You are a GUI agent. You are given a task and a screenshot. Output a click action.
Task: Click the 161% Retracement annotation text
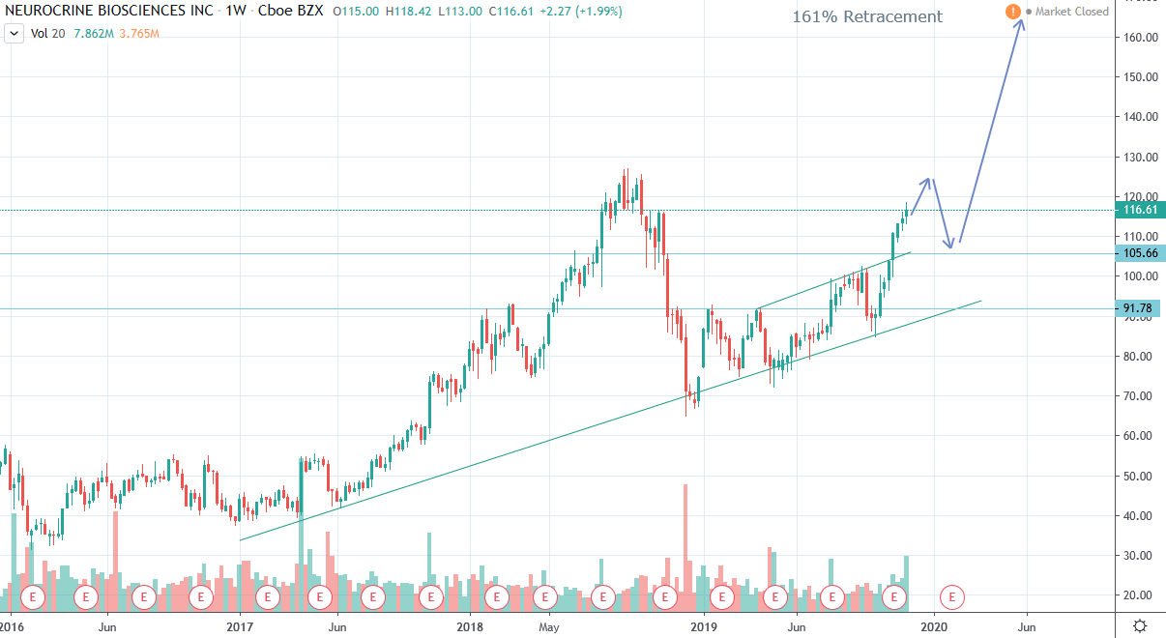coord(866,16)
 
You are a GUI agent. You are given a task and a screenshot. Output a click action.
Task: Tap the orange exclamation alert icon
coord(1012,12)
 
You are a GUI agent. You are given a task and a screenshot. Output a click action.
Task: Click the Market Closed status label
coord(1072,12)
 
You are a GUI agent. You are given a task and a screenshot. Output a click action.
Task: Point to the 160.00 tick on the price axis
coord(1141,37)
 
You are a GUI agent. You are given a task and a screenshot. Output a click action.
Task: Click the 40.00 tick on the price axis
coord(1141,515)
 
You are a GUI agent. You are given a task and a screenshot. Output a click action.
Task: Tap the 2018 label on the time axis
coord(469,626)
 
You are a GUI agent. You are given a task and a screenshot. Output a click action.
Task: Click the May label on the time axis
coord(548,626)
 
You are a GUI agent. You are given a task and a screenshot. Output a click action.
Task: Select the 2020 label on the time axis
coord(934,626)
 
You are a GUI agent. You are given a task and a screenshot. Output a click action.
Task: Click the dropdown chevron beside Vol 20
coord(15,34)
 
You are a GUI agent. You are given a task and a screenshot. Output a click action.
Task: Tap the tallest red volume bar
coord(685,541)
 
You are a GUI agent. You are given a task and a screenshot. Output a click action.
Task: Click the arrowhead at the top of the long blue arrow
coord(1021,21)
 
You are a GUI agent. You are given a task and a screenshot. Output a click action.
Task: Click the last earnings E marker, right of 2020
coord(953,597)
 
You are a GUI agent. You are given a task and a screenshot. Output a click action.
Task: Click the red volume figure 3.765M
coord(138,34)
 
